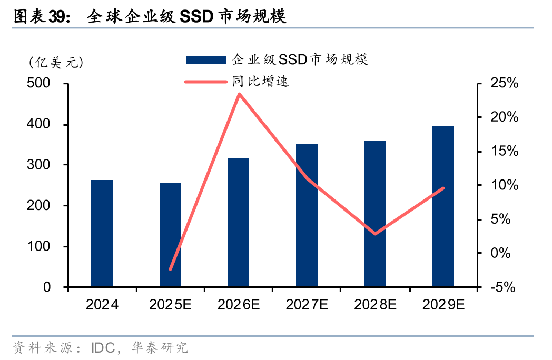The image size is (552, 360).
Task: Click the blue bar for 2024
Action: [102, 234]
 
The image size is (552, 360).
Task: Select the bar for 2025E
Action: [170, 235]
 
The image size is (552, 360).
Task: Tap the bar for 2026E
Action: [239, 222]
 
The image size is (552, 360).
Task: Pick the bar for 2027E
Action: [307, 215]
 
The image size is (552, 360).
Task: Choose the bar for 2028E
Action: [375, 214]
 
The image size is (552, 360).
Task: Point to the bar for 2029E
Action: [443, 206]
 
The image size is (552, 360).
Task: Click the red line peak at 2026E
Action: [239, 94]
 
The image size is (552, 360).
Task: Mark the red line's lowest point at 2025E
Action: [170, 269]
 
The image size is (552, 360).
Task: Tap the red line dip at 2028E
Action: [375, 234]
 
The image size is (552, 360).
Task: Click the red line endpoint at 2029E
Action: [443, 188]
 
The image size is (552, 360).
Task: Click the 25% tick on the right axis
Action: [505, 84]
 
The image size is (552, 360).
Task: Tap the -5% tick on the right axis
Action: [505, 287]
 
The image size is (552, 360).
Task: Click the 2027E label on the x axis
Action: [307, 305]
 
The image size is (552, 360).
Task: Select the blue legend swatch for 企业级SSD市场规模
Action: [206, 59]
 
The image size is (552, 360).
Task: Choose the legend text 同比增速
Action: [261, 82]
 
